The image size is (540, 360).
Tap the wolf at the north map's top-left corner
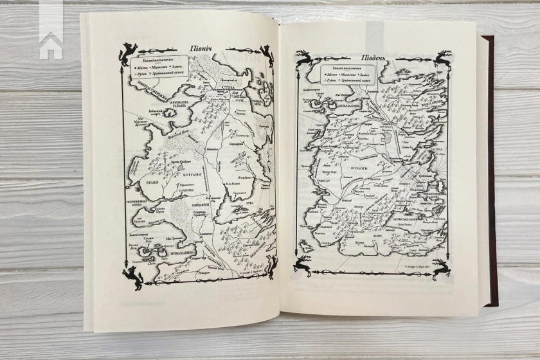127,53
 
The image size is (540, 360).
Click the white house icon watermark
50,45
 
